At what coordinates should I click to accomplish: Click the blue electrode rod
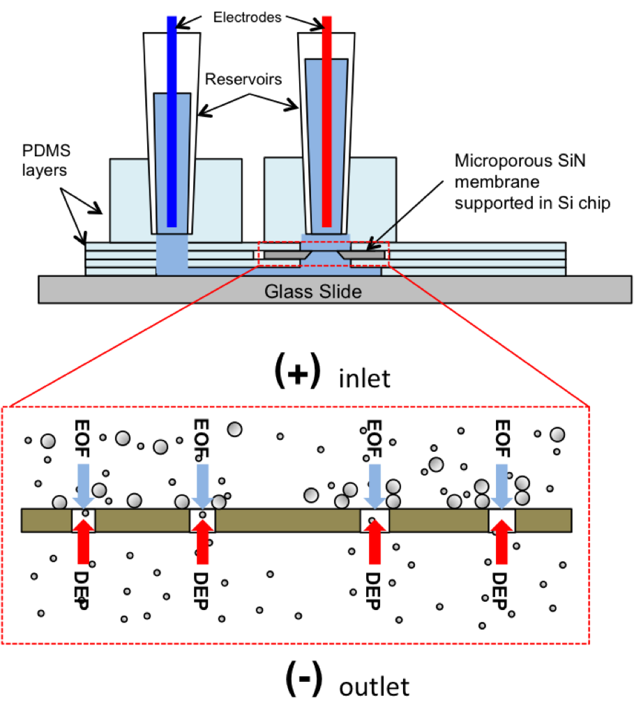(172, 121)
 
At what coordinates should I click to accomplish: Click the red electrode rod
(326, 121)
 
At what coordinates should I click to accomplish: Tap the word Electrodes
(248, 17)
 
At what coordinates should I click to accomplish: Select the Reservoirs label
(243, 79)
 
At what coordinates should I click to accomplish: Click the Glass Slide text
(313, 291)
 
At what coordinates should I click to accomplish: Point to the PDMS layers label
(47, 160)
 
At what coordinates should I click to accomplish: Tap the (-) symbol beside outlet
(304, 679)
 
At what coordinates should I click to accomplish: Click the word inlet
(364, 379)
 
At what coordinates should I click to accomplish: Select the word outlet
(374, 687)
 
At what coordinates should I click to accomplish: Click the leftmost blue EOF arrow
(84, 486)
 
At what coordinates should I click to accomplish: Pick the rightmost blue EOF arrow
(502, 486)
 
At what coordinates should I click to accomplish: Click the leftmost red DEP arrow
(84, 541)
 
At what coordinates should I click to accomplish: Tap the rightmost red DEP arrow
(502, 541)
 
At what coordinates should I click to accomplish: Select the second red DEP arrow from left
(202, 541)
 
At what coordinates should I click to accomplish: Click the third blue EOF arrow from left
(375, 486)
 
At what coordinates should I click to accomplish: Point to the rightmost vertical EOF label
(502, 439)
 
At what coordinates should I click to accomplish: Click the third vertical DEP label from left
(373, 591)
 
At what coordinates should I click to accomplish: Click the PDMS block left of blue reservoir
(129, 200)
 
